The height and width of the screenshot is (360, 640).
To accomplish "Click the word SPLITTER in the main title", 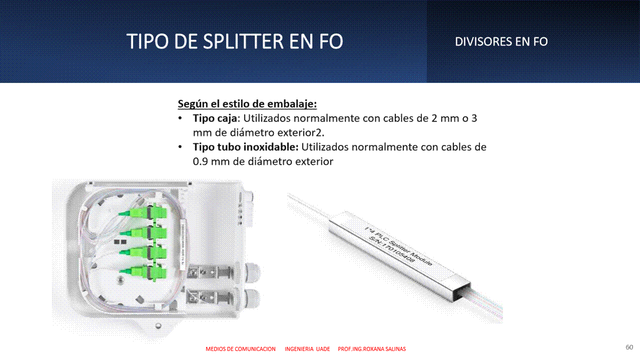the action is point(243,41).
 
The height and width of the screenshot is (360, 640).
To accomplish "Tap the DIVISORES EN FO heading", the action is point(501,42).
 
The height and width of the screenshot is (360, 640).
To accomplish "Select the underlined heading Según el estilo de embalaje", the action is point(247,103).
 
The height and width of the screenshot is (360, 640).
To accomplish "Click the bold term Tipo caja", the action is point(215,118).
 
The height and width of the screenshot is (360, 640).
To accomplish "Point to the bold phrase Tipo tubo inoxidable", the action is point(245,147).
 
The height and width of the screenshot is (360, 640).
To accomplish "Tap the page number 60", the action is point(629,347).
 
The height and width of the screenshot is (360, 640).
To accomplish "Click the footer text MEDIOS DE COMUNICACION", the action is point(241,349).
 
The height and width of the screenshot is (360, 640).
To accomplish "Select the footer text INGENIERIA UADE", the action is point(307,349).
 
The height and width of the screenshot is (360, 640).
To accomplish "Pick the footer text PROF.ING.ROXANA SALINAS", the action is point(372,349).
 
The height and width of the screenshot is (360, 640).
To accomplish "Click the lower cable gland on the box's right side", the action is point(252,298).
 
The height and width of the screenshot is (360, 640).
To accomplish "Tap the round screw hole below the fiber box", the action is point(158,325).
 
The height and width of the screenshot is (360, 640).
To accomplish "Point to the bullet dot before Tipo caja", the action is point(180,118).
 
